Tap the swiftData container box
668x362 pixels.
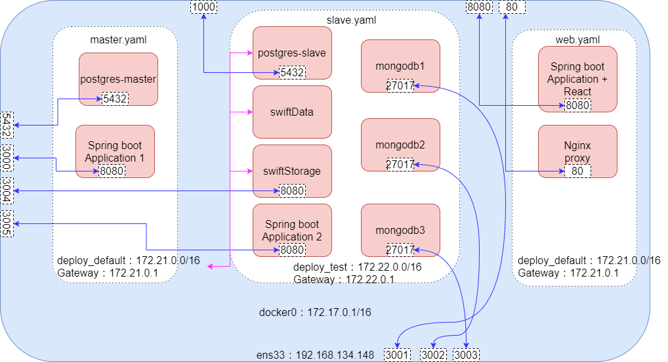click(x=292, y=112)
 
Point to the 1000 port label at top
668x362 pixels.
click(x=203, y=7)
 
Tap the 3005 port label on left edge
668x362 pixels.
click(x=7, y=223)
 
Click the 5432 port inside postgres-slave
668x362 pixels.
click(x=292, y=72)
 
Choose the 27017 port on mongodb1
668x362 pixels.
click(x=400, y=85)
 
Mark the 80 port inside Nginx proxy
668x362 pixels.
click(x=577, y=171)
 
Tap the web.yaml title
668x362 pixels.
click(x=577, y=40)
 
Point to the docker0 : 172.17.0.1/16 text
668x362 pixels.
click(x=316, y=312)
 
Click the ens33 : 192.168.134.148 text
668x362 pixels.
click(x=315, y=355)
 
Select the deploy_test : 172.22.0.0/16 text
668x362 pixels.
click(x=357, y=267)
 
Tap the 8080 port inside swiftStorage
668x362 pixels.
click(x=292, y=191)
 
